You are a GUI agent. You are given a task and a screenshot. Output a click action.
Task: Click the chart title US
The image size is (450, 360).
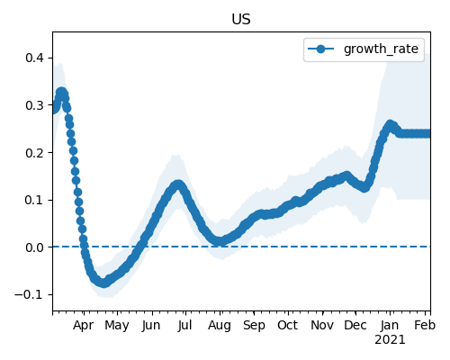click(x=241, y=20)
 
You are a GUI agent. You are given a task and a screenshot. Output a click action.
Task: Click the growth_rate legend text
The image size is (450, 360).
click(x=381, y=49)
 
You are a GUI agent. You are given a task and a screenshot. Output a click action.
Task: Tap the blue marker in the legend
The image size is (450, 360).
click(x=320, y=49)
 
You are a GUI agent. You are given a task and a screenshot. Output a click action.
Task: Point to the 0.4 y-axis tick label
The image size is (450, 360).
click(x=35, y=58)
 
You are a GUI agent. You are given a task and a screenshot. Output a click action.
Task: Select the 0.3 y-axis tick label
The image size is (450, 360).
click(x=35, y=105)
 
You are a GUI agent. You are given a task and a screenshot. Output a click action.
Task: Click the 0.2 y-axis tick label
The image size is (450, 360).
click(x=35, y=153)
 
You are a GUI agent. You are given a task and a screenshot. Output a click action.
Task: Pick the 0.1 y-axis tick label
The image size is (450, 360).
click(x=35, y=200)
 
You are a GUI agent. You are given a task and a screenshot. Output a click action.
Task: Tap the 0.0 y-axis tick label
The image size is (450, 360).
click(x=35, y=247)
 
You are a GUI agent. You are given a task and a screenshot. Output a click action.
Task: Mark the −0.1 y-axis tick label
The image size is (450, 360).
click(x=30, y=294)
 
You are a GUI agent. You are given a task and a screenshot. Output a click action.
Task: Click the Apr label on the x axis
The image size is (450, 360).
click(x=84, y=326)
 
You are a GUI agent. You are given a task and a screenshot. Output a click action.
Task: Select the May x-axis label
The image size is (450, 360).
click(x=117, y=326)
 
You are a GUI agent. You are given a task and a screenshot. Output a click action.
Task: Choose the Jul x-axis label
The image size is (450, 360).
click(x=184, y=325)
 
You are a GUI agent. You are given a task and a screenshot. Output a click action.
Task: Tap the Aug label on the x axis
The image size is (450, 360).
click(x=220, y=326)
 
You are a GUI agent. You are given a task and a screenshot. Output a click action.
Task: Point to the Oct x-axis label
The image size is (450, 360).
click(x=288, y=325)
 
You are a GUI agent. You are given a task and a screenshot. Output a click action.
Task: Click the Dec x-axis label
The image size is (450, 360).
click(x=355, y=325)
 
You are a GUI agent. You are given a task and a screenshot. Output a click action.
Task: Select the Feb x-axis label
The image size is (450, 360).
click(x=425, y=325)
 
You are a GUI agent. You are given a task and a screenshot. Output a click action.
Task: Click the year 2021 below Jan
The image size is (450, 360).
click(x=390, y=340)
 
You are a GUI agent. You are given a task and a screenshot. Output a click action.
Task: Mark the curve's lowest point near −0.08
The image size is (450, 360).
click(x=103, y=283)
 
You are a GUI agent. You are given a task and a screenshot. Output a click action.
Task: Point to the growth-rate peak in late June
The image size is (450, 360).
click(x=178, y=184)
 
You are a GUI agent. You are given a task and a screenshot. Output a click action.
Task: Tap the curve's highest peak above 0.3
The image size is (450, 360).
click(x=61, y=92)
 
